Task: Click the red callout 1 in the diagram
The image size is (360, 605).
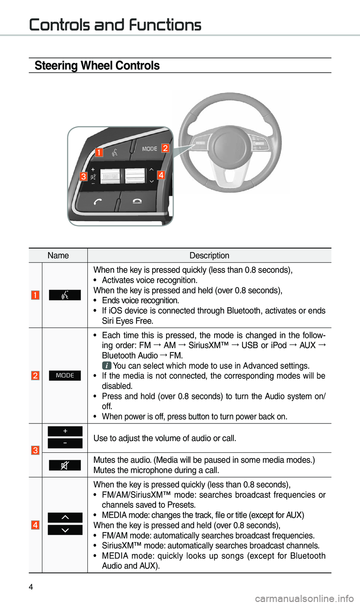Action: pos(99,152)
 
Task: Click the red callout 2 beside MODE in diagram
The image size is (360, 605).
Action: pos(165,148)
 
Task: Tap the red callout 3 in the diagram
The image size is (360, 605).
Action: pos(83,176)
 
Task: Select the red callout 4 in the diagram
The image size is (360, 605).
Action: pos(161,175)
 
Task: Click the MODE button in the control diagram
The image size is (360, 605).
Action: pos(149,149)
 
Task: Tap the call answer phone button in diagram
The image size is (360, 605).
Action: pos(97,202)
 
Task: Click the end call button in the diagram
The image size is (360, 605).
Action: pos(137,201)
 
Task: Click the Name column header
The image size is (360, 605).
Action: pos(58,255)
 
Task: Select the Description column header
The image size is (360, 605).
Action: pos(209,255)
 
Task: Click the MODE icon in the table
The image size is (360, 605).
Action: pos(65,375)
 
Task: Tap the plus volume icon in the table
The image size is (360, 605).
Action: pos(65,431)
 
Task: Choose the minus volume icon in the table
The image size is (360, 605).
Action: pos(65,443)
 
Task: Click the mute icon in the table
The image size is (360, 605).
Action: pos(65,465)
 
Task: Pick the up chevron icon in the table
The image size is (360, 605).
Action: pos(65,518)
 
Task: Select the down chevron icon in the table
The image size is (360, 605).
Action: pos(65,530)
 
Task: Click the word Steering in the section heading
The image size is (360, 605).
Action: pos(56,66)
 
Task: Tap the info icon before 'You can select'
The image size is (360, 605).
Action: pos(107,366)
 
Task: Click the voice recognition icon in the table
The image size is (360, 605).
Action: pos(65,295)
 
